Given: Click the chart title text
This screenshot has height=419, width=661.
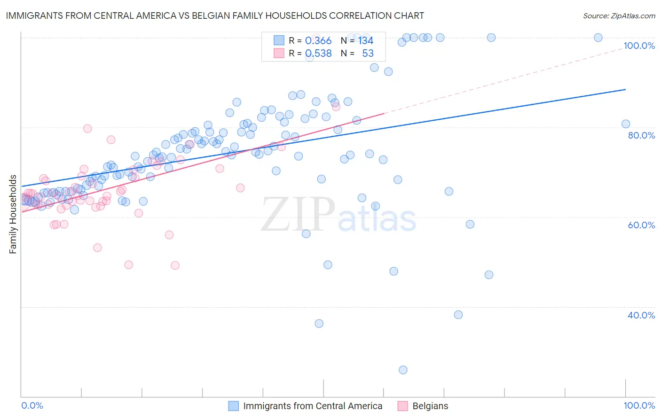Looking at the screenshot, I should pos(215,16).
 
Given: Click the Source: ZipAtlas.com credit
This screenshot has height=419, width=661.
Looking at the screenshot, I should pos(619,16).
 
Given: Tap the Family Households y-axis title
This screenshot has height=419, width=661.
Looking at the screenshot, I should pos(13,214).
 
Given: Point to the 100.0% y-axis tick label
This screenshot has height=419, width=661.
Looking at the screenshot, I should pos(639,46).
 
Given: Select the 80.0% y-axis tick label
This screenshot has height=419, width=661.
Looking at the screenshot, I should pos(641,135).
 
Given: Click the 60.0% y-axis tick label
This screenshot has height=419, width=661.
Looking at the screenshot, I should pos(641,225).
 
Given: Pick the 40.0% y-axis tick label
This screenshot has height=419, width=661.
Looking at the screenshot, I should pos(641,315).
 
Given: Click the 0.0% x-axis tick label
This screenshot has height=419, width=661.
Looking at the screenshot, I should pos(32,405).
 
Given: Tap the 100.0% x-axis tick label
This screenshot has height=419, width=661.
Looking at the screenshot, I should pos(639,405).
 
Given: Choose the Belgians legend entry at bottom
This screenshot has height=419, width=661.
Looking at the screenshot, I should pos(430,406).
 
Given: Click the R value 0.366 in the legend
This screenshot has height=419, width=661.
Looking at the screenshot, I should pos(318,41).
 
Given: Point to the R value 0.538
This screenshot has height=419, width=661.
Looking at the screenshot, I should pos(318,54).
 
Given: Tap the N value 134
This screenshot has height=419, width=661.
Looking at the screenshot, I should pos(366,41).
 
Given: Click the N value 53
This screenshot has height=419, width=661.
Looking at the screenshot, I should pos(368,54).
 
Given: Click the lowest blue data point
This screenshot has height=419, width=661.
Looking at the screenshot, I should pos(403,370).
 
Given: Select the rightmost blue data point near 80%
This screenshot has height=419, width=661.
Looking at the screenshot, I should pos(626,124).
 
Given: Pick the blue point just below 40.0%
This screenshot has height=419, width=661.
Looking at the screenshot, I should pos(458,315).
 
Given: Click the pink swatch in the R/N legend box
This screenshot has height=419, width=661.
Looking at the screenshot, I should pos(279,54).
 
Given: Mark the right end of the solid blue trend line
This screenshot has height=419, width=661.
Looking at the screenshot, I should pos(626,89).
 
